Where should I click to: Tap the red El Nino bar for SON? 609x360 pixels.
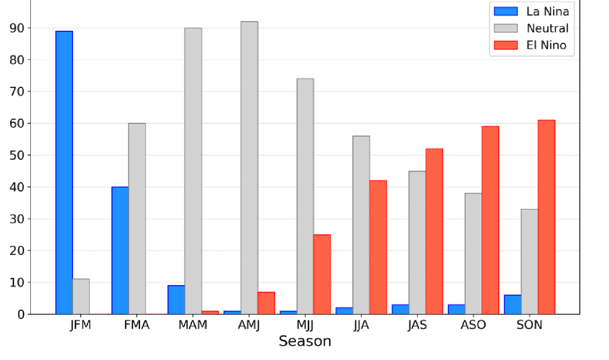(x=546, y=217)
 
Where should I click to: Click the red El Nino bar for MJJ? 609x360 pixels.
(x=322, y=274)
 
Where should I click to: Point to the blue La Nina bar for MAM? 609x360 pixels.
(x=176, y=299)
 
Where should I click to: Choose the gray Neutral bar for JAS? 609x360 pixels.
(x=417, y=242)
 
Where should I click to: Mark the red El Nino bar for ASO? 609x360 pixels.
(x=490, y=220)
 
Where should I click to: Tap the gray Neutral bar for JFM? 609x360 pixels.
(x=81, y=297)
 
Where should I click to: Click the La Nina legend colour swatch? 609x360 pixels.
(x=506, y=11)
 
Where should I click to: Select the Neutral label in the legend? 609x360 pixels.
(x=547, y=28)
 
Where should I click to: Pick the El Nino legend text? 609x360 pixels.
(x=546, y=45)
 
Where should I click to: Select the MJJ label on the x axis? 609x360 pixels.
(x=305, y=325)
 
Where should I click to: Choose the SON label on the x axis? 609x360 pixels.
(x=529, y=325)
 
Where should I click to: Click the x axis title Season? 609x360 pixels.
(x=304, y=342)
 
